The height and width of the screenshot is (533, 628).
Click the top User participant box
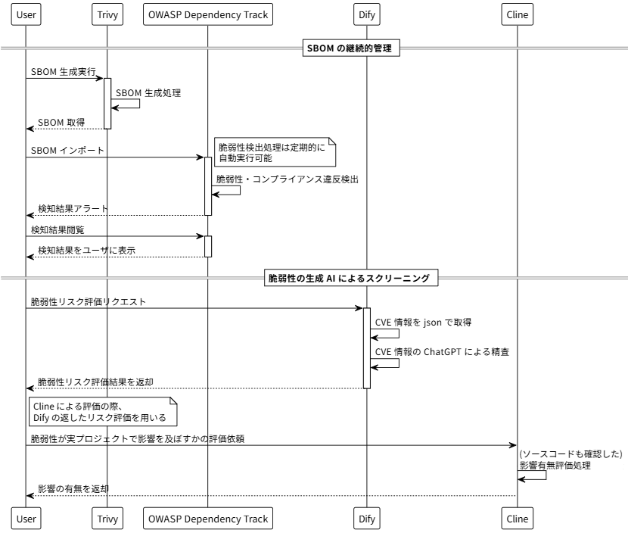coord(26,14)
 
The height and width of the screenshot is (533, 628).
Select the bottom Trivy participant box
coord(107,519)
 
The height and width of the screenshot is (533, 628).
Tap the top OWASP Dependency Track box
coord(207,14)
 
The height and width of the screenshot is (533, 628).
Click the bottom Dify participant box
coord(366,519)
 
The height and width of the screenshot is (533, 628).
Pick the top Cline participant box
coord(518,14)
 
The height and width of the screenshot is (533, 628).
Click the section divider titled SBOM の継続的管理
coord(351,49)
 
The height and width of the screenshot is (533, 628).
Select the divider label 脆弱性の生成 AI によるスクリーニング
coord(351,279)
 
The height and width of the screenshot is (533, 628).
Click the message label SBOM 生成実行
coord(64,71)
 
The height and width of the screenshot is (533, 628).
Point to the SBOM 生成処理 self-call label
coord(148,93)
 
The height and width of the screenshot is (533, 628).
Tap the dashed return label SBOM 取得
coord(61,122)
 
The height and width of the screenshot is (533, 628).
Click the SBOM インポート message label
coord(68,151)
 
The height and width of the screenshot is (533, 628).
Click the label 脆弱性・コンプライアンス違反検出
coord(287,179)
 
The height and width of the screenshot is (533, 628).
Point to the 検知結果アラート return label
coord(73,208)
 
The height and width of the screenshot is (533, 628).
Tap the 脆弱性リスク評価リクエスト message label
coord(89,301)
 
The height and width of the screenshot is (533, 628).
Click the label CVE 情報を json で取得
coord(424,323)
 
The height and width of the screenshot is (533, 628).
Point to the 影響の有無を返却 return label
coord(73,488)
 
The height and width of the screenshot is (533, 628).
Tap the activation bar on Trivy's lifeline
coord(107,103)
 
